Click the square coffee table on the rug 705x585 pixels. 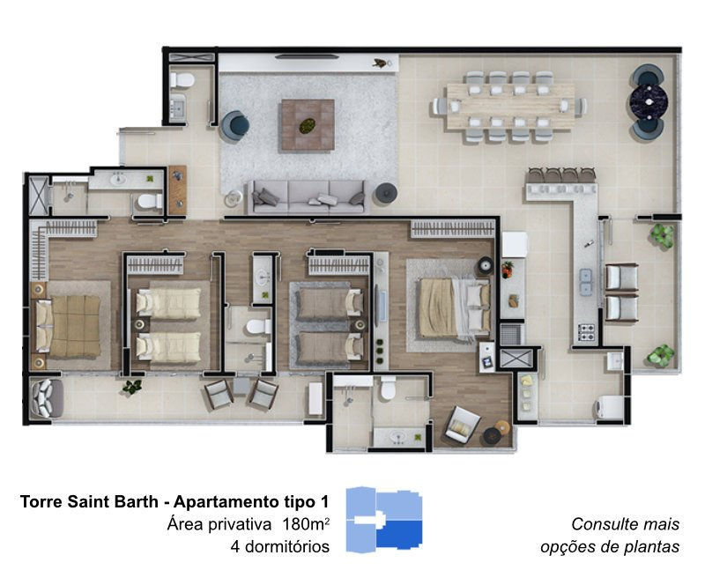click(308, 125)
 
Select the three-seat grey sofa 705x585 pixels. click(308, 197)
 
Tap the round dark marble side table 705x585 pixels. click(647, 101)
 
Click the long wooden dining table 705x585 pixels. click(510, 107)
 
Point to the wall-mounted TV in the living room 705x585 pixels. click(307, 56)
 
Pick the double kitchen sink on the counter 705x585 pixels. click(585, 281)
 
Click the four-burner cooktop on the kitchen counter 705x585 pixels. click(586, 332)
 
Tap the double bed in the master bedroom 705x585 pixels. click(454, 308)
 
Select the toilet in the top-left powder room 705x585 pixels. click(182, 80)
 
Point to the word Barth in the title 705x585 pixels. click(138, 501)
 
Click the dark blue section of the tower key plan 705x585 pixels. click(399, 534)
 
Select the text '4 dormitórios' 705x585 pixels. click(279, 547)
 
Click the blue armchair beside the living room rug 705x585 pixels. click(234, 126)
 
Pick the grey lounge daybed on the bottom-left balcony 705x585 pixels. click(46, 398)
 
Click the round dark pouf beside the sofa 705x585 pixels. click(386, 192)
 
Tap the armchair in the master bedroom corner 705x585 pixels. click(462, 423)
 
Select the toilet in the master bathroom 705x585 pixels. click(389, 388)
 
